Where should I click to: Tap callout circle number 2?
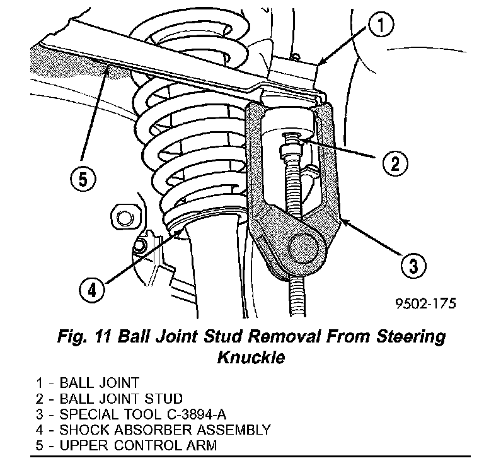(x=395, y=164)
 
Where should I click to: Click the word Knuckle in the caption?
(x=251, y=357)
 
